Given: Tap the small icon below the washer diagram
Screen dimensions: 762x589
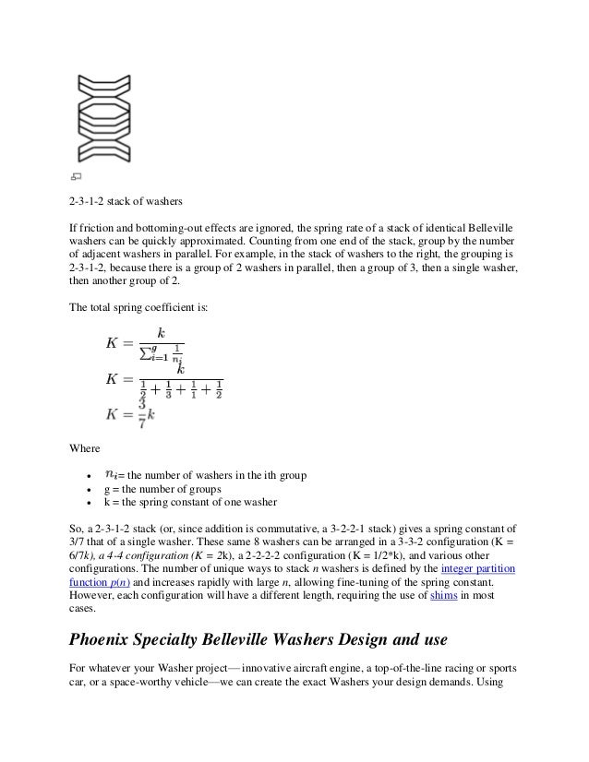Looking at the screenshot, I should click(x=76, y=176).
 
